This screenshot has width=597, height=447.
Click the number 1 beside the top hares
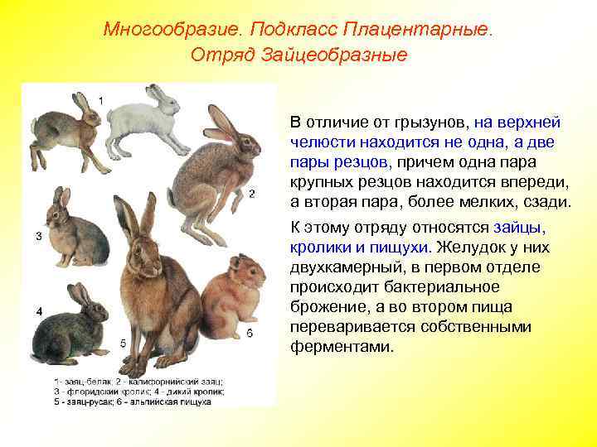[x=101, y=100]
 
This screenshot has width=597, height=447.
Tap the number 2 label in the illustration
[x=251, y=194]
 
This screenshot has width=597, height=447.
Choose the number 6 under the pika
[x=250, y=333]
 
